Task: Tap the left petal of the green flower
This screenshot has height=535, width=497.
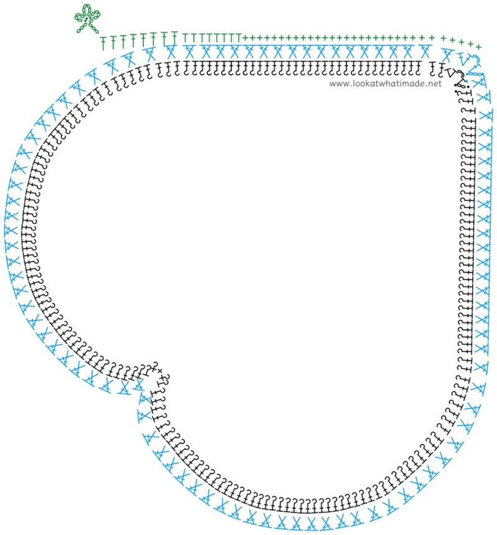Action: click(80, 17)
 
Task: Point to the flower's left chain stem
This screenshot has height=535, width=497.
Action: click(81, 28)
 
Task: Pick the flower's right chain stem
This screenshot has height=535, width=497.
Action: click(93, 29)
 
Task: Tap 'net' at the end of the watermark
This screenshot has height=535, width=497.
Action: click(435, 83)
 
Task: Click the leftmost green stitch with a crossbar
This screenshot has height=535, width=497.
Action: click(103, 44)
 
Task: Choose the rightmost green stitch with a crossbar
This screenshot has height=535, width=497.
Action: click(175, 38)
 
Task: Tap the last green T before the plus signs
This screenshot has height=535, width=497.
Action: click(238, 37)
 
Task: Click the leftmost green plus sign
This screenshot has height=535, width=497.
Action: click(244, 37)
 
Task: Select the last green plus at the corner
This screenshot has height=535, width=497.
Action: click(478, 47)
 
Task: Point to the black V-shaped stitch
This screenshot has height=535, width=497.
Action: click(451, 72)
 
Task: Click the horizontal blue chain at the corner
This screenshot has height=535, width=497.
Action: click(475, 73)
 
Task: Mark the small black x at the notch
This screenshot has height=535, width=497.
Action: click(160, 371)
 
